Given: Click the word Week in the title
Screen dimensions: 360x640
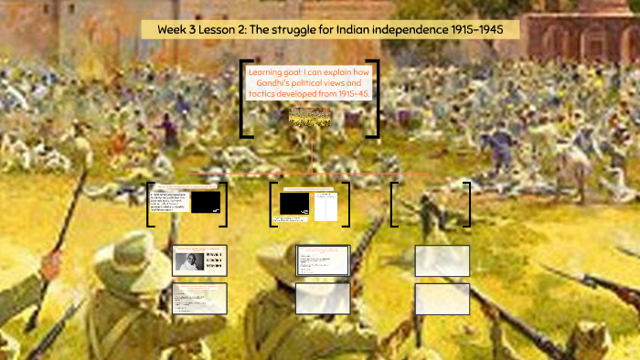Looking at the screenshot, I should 171,29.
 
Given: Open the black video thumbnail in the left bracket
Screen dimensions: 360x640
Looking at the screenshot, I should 205,203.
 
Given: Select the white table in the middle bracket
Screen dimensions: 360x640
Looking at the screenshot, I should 325,206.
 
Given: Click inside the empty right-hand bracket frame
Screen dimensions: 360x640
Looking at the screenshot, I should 430,204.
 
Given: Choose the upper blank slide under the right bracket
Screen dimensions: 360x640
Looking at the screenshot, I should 442,260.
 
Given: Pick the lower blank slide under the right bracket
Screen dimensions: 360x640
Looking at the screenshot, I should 442,299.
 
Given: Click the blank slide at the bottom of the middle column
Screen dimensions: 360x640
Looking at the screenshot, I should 323,299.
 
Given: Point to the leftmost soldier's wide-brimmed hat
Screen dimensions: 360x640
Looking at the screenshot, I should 129,260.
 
